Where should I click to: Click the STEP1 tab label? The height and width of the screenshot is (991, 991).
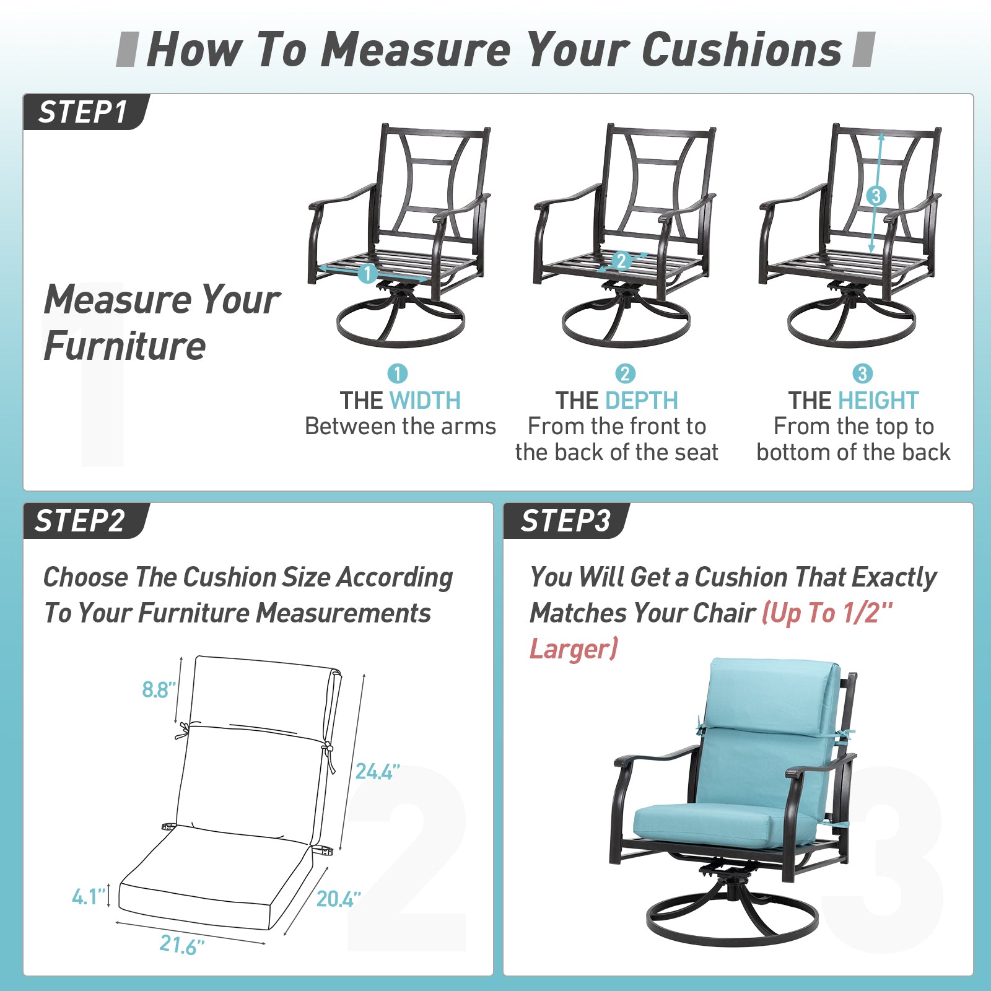coord(83,113)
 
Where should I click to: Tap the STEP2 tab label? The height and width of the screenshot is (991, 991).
coord(80,521)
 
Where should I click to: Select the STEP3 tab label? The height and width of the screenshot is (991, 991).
coord(565,521)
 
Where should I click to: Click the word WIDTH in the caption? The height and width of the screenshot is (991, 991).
coord(425,401)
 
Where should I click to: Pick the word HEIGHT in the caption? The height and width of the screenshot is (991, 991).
coord(878,401)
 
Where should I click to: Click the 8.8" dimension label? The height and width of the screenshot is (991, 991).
coord(159,689)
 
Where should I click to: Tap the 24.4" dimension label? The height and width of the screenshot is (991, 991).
coord(377,771)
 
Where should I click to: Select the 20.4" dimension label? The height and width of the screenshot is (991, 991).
coord(338,899)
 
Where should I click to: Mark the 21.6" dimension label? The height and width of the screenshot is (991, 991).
coord(181,945)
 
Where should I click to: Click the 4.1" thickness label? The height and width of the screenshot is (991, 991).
coord(89,896)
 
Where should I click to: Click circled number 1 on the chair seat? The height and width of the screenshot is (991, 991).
coord(367,273)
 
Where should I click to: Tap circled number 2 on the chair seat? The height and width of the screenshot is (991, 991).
coord(621,261)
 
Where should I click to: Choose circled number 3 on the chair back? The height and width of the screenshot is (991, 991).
coord(875,196)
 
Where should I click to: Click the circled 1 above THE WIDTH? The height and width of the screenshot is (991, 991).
coord(397,373)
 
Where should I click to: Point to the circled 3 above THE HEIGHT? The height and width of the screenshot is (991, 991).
coord(862,373)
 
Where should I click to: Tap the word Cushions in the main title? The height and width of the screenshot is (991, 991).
coord(742,49)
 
